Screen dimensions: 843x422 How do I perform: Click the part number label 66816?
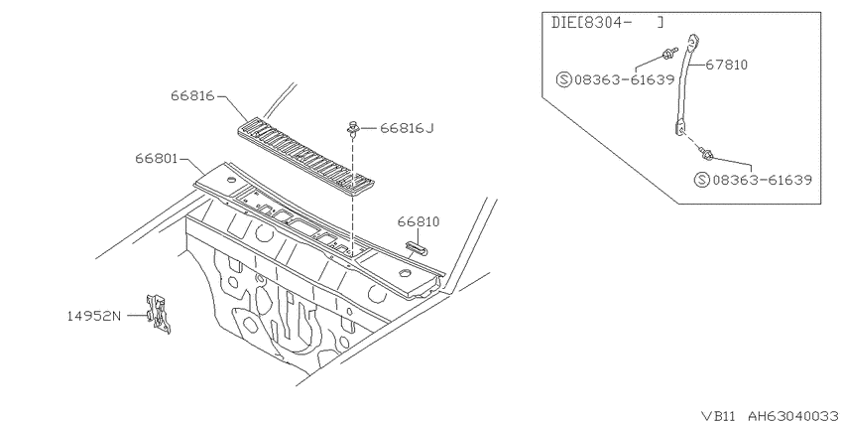(192, 95)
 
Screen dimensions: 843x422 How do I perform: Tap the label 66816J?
(407, 128)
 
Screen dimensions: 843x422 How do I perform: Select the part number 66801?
(157, 159)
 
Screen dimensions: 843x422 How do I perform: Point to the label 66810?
(419, 221)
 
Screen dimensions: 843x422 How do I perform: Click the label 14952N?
(94, 316)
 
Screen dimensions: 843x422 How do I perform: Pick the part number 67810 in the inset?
(726, 66)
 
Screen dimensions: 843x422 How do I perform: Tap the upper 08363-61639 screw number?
(624, 80)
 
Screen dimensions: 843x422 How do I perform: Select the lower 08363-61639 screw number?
(762, 180)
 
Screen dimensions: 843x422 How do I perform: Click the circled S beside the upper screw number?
(563, 80)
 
